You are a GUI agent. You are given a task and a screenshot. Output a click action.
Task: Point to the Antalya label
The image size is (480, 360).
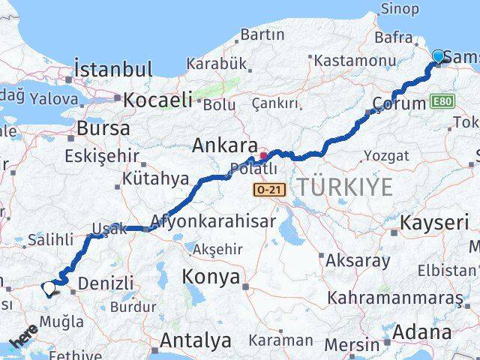195,341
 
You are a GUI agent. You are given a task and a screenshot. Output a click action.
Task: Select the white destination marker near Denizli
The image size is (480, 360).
49,286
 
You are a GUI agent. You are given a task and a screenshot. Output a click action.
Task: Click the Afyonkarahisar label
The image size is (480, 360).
213,221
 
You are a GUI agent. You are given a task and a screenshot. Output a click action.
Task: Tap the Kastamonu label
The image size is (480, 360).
355,60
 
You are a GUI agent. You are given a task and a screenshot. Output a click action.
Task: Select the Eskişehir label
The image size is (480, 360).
102,156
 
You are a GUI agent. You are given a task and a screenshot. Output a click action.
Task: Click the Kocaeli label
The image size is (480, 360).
157,99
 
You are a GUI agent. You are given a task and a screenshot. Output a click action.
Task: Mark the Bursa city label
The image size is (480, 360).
103,128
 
